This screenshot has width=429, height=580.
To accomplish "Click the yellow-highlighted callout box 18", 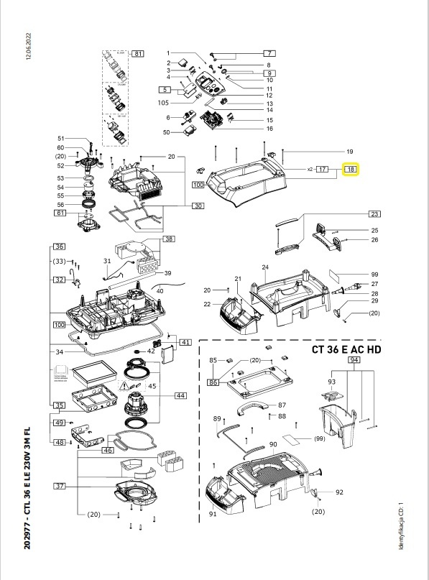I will coord(351,170).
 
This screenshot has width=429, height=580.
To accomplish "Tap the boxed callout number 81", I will coord(138,54).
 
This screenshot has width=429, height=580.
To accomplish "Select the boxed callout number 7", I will coord(269,54).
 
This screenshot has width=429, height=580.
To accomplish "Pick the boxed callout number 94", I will coord(354,359).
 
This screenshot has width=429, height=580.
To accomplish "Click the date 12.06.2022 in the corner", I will coord(29,45).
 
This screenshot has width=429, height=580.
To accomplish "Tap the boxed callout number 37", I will coord(60,487).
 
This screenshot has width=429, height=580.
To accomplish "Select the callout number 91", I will coord(213,515).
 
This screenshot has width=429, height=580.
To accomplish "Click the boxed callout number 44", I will coord(180,396).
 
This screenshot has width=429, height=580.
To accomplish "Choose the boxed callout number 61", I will coord(60,213).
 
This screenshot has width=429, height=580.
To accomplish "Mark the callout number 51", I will coord(61,139).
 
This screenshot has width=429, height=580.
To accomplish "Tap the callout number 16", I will coord(249,129).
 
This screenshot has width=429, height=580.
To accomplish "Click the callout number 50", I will coord(166,132).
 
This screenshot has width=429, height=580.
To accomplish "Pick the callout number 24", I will coord(265,267).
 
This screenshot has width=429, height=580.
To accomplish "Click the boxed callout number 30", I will coord(198,206).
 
